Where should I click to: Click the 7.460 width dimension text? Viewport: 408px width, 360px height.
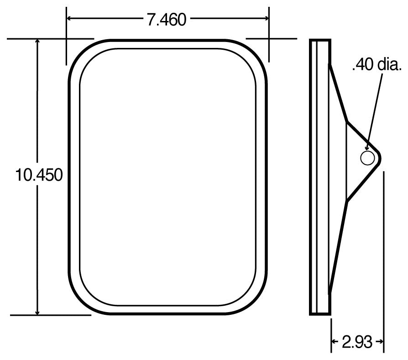(166, 19)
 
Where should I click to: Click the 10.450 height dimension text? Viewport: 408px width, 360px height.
(39, 175)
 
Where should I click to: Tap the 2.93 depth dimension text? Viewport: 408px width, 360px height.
(357, 342)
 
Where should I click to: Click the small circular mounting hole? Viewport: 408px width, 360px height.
(368, 158)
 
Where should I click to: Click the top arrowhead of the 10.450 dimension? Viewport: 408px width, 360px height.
(37, 42)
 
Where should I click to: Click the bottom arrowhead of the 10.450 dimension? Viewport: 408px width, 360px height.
(37, 312)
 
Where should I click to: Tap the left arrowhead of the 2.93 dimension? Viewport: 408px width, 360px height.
(334, 342)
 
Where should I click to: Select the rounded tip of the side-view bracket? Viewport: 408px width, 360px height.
(379, 158)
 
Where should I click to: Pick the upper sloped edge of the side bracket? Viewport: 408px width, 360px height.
(338, 93)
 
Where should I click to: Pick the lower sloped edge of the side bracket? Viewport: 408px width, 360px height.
(338, 246)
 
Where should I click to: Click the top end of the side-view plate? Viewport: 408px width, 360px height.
(319, 42)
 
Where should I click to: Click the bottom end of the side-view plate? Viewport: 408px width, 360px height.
(319, 313)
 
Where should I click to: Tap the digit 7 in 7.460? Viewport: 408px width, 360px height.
(151, 19)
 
